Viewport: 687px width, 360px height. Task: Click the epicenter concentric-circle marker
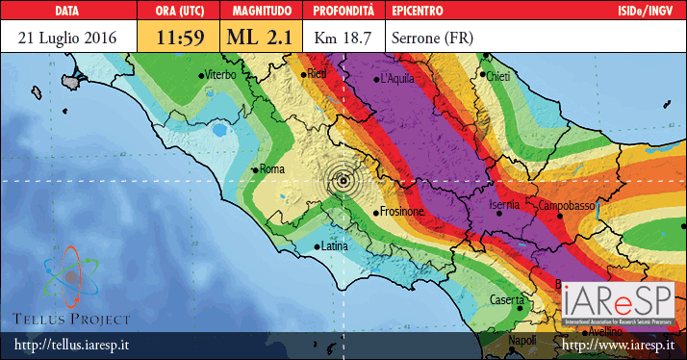click(x=343, y=180)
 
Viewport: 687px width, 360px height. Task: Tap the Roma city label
click(x=274, y=169)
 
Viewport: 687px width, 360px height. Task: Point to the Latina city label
click(x=333, y=246)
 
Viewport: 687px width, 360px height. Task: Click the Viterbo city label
click(x=219, y=73)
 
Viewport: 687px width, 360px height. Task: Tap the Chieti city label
click(x=497, y=75)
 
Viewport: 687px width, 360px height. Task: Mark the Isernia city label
click(x=505, y=205)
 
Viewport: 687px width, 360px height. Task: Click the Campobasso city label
click(x=567, y=206)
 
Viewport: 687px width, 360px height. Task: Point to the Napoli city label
click(x=522, y=341)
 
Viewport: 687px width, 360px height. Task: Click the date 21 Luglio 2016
click(x=67, y=38)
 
